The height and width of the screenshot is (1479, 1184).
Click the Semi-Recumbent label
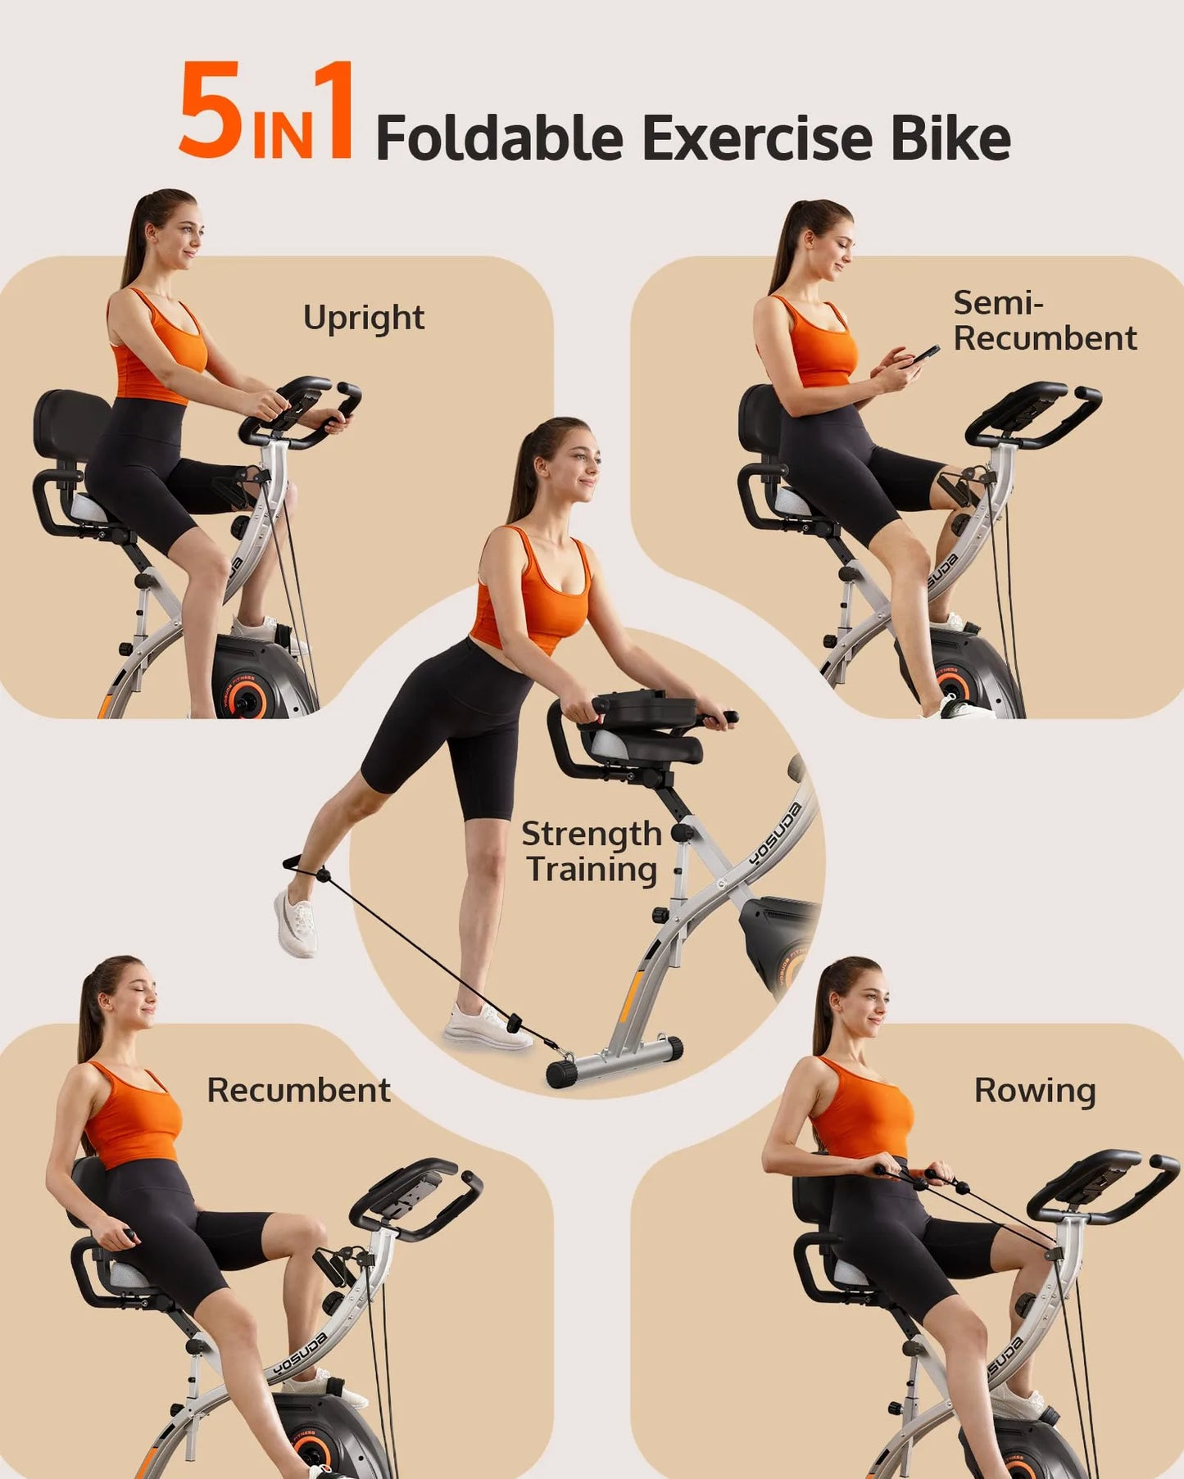click(x=1045, y=320)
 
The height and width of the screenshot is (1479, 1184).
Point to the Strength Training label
click(x=592, y=852)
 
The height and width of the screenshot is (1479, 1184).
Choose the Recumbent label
click(x=298, y=1090)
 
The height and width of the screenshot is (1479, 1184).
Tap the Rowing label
click(x=1035, y=1091)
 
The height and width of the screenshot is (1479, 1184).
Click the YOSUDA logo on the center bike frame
click(x=774, y=834)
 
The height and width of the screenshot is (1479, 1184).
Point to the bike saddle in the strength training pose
click(x=647, y=746)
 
